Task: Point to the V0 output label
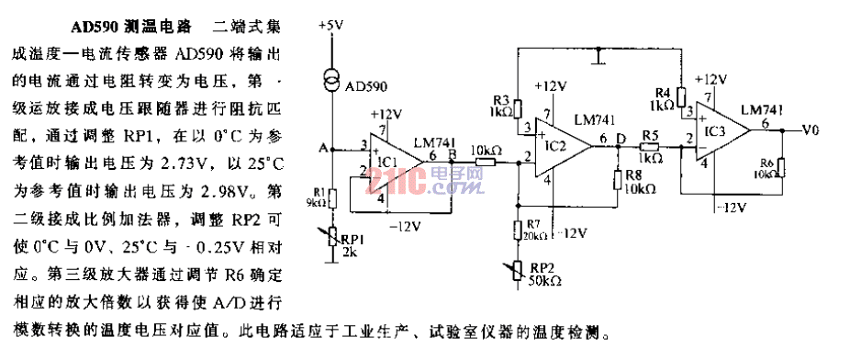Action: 810,129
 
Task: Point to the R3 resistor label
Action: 500,98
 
